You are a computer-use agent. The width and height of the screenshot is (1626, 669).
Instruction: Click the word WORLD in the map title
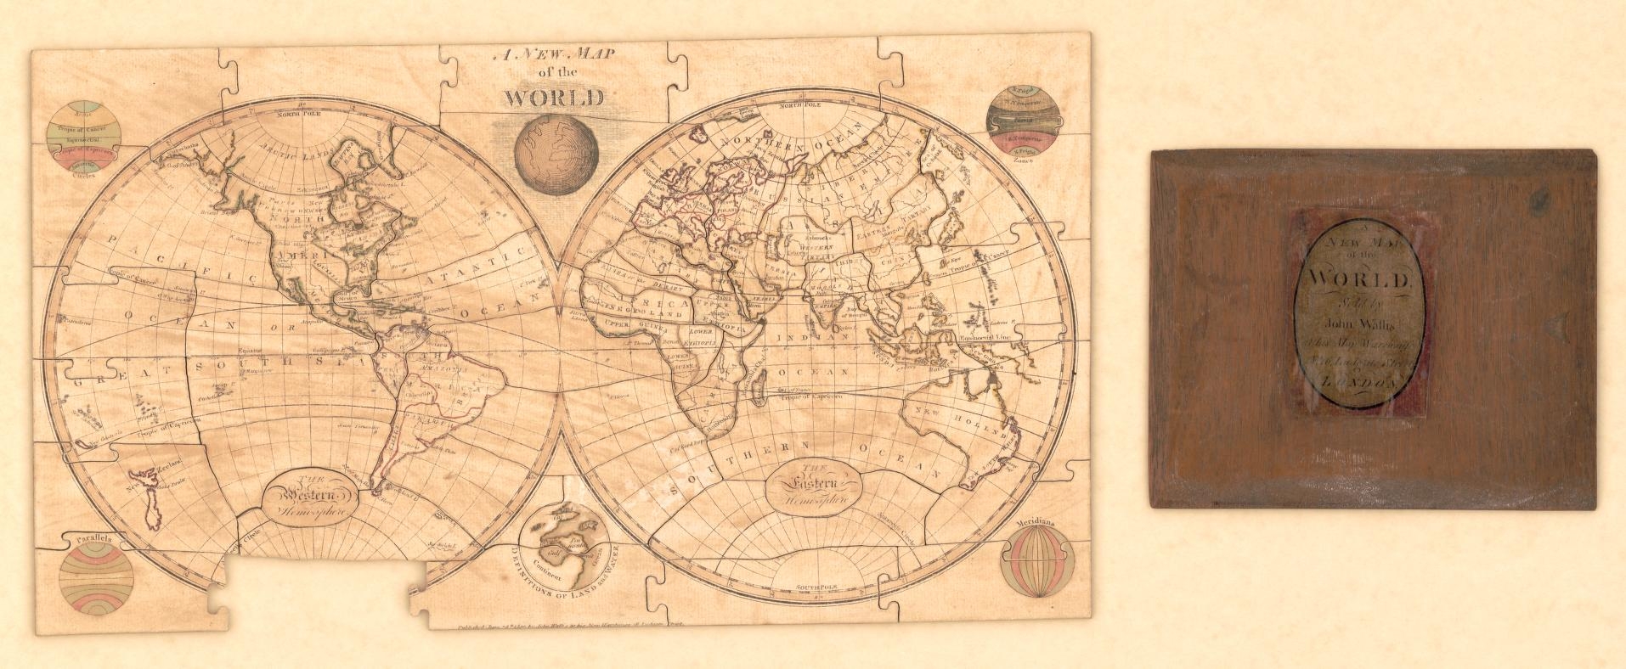pos(555,98)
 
